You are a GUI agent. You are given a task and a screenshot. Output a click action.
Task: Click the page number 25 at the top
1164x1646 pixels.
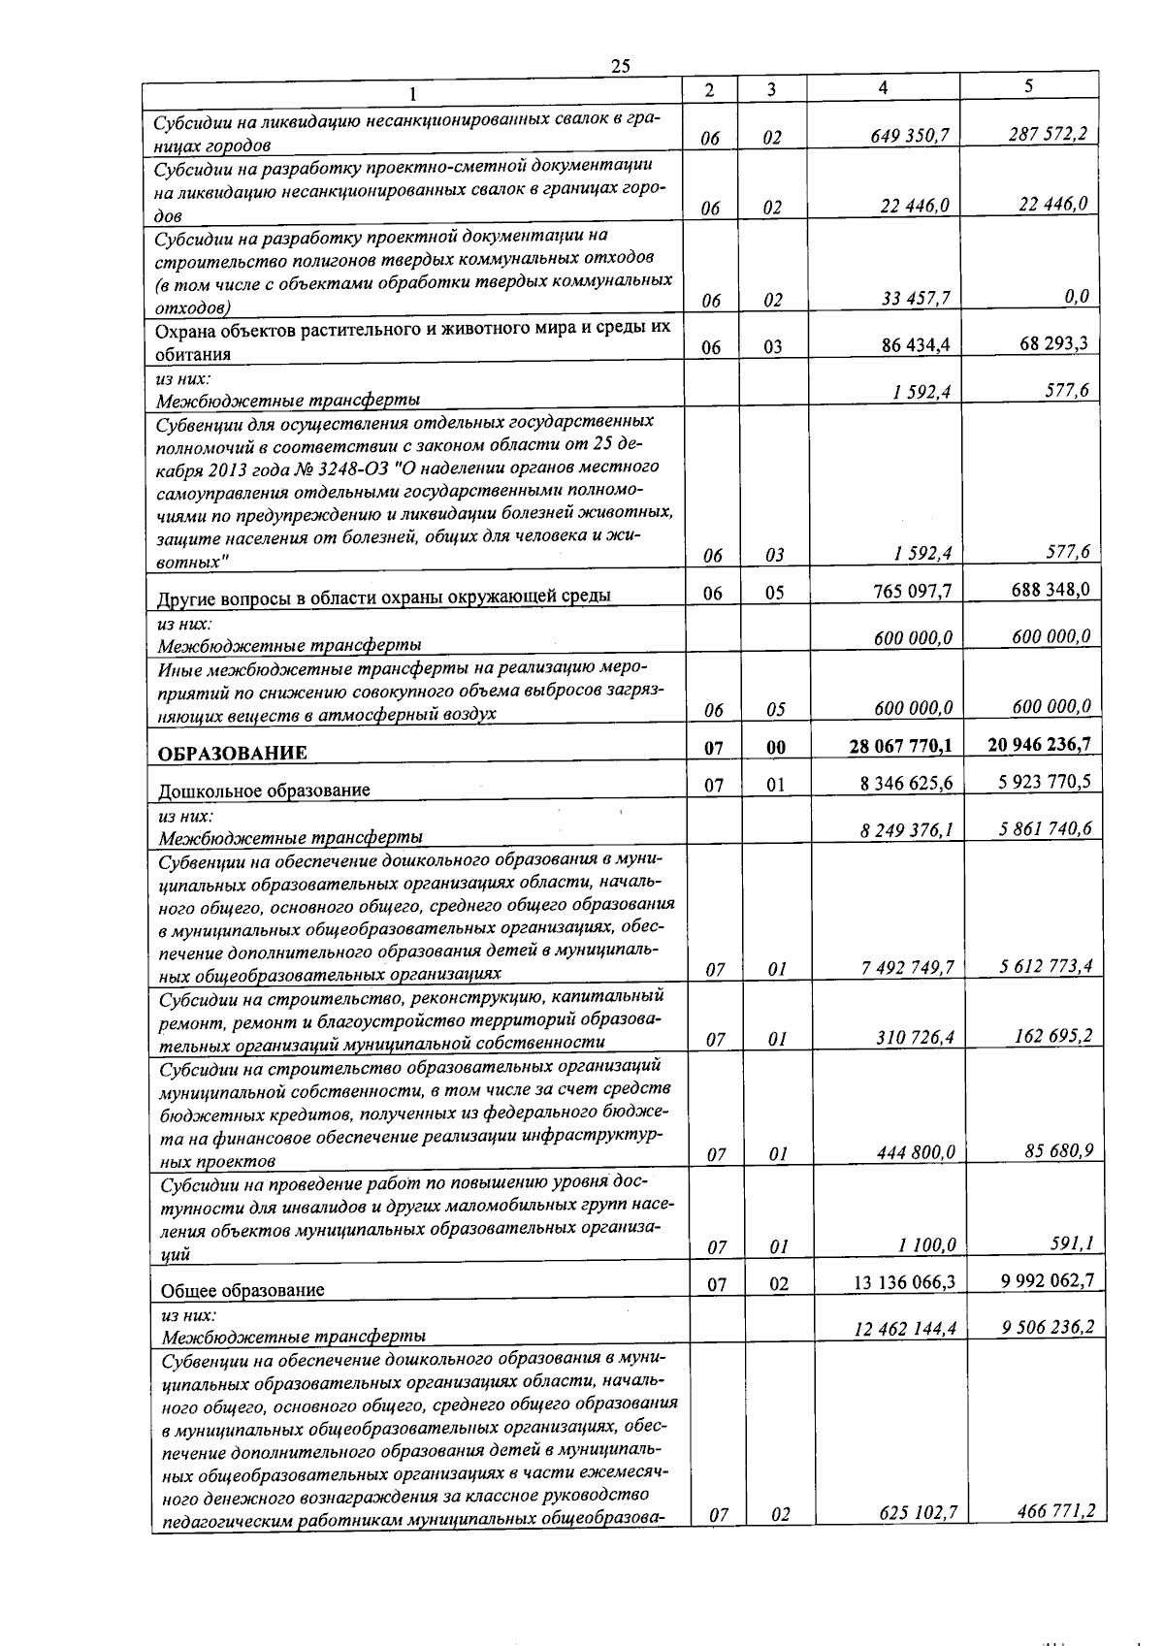(x=621, y=65)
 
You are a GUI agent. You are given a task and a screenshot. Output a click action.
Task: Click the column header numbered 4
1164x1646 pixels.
(x=882, y=87)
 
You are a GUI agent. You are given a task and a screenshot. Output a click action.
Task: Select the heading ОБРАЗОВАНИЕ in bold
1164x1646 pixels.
(x=233, y=753)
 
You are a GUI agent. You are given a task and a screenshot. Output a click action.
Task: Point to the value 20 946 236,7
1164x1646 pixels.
(x=1039, y=744)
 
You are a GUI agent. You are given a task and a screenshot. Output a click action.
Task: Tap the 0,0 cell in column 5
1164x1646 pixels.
(x=1076, y=296)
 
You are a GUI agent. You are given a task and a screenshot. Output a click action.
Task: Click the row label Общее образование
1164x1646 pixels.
(x=242, y=1290)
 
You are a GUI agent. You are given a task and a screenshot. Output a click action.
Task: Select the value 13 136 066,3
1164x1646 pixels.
(x=904, y=1282)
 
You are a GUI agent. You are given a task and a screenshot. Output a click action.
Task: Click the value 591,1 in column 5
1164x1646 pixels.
(x=1071, y=1243)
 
